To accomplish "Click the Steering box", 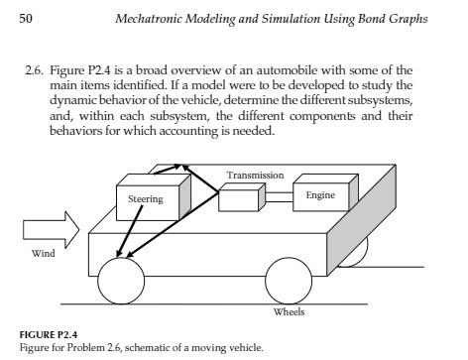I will coord(150,198).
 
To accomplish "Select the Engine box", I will coord(319,195).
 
